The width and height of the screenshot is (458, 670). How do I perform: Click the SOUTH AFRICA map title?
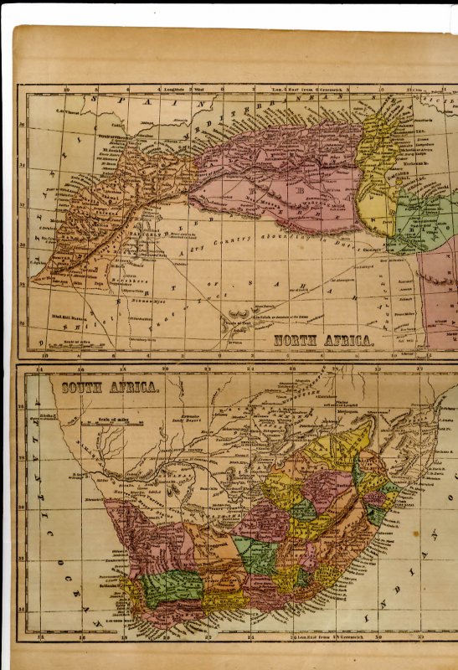pyautogui.click(x=110, y=387)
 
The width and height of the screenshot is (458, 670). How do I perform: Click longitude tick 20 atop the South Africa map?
pyautogui.click(x=165, y=368)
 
